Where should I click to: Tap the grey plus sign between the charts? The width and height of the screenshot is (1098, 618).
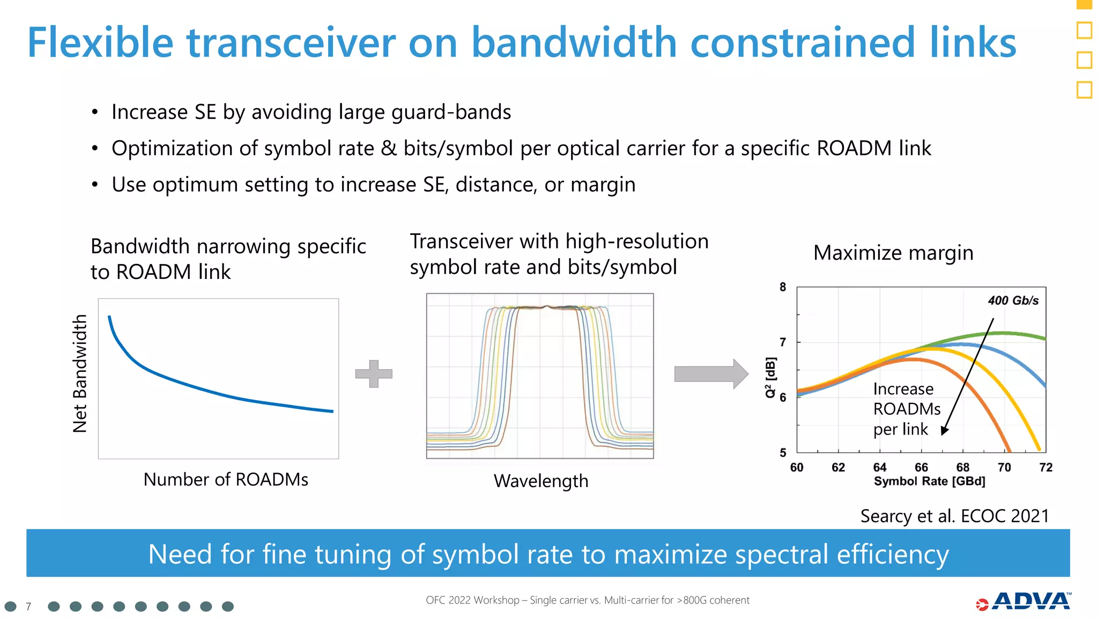pos(374,373)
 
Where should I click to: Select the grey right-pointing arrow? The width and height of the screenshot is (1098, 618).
pos(711,373)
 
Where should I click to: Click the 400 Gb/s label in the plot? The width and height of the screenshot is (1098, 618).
pos(1013,300)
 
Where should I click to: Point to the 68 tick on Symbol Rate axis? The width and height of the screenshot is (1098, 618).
pos(962,467)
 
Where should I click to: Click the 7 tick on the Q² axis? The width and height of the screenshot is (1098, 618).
pos(783,342)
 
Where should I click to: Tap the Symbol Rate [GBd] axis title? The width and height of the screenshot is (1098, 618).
pos(929,481)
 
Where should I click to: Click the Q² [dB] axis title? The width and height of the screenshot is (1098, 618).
pos(770,377)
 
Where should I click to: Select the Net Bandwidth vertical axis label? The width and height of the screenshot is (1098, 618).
pos(80,373)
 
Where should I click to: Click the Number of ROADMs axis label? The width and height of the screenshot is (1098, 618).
pos(226,479)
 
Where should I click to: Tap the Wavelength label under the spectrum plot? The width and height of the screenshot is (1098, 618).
pos(540,481)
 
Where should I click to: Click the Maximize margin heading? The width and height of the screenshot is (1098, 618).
pos(893,253)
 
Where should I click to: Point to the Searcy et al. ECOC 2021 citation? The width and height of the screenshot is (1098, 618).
pos(954,516)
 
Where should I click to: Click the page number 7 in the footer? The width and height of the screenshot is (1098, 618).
pos(28,607)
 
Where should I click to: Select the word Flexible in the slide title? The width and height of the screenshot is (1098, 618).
pos(100,43)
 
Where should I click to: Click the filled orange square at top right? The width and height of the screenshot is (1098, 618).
pos(1084,4)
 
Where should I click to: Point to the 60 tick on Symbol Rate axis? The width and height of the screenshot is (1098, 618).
pos(797,467)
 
